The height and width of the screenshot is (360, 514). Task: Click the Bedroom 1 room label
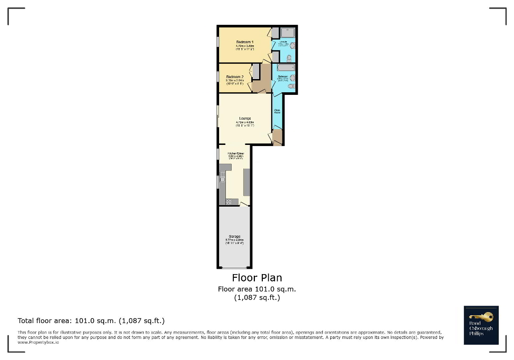[245, 42]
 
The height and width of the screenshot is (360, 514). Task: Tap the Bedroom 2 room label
[235, 76]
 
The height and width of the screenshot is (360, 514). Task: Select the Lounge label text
[244, 118]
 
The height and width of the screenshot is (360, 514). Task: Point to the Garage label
[234, 236]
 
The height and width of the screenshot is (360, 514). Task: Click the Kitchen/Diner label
[235, 153]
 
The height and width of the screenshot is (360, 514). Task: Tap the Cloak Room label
[277, 111]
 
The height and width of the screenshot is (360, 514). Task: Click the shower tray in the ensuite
[288, 31]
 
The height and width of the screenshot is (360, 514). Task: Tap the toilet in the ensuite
[290, 57]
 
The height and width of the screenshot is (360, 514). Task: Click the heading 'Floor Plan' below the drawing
[257, 278]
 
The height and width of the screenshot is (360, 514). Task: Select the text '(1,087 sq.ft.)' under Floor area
[257, 297]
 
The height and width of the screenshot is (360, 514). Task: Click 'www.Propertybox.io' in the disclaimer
[38, 342]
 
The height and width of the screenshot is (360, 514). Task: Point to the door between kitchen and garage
[244, 204]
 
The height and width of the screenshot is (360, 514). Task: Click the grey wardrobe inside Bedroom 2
[256, 72]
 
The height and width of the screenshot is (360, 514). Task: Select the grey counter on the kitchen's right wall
[246, 182]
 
